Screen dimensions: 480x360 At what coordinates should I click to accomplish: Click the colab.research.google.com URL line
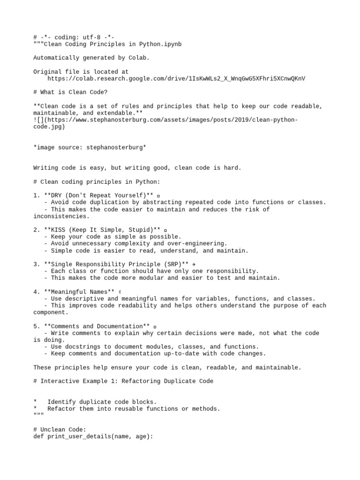click(176, 79)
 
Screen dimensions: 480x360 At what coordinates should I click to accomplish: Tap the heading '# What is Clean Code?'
click(70, 92)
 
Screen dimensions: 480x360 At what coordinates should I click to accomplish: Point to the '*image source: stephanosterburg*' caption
click(90, 147)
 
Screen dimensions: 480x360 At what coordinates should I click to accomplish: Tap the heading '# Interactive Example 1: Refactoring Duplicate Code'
click(123, 381)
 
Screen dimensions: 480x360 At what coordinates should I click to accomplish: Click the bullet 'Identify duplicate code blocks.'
click(102, 402)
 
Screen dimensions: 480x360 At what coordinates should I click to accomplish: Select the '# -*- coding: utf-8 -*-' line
click(74, 37)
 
